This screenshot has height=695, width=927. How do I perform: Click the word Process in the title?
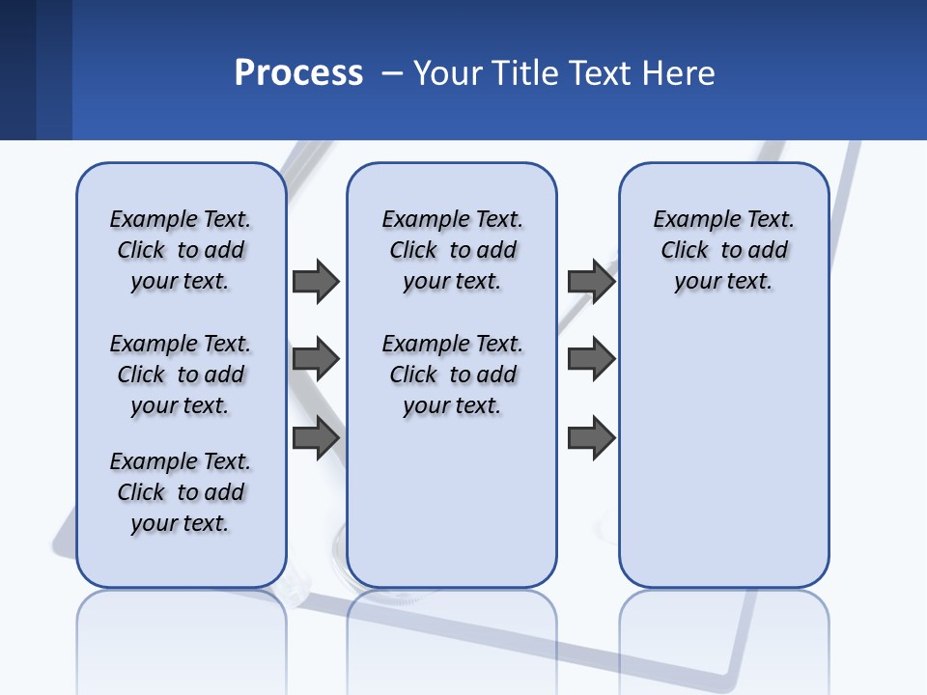point(298,73)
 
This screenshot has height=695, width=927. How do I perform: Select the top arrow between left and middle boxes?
point(316,281)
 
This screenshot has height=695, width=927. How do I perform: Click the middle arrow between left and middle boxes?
point(316,359)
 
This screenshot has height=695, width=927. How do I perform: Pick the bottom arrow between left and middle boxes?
point(316,437)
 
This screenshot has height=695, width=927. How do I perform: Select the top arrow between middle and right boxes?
point(591,281)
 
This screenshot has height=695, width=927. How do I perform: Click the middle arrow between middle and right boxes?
point(591,359)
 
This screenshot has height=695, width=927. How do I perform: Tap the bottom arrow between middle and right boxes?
point(591,437)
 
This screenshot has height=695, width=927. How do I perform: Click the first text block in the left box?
point(181,250)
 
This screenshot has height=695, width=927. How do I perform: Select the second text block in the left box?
point(181,375)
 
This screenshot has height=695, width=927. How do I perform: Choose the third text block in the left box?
point(181,492)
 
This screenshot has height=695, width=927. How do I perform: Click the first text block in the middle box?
point(452,250)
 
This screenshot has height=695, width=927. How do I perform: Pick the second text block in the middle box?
point(452,375)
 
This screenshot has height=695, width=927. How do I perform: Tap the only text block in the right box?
point(724,250)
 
